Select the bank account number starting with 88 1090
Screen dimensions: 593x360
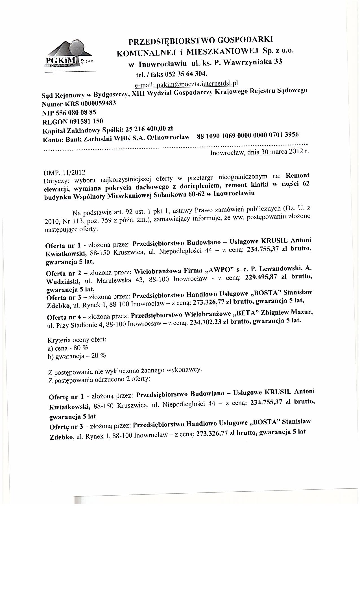[248, 136]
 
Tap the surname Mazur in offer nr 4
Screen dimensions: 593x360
[302, 313]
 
